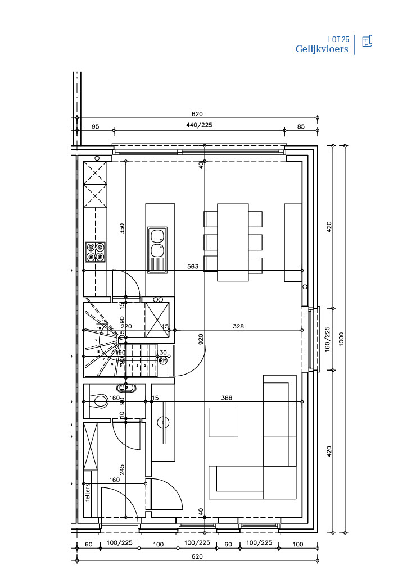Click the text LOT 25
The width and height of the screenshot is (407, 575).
338,40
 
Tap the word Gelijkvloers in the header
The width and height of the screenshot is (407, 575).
322,49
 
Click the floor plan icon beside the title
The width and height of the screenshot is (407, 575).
367,41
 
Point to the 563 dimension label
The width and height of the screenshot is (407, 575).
193,267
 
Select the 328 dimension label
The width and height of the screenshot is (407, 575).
239,326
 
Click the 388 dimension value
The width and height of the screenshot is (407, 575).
227,398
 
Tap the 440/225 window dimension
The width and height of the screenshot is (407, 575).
199,126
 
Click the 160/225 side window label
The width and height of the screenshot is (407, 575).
328,339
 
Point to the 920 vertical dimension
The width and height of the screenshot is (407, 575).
200,339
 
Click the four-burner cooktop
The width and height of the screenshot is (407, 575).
95,252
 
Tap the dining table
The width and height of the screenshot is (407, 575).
233,242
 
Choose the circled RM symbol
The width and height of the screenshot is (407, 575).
163,360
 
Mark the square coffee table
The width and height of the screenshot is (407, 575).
223,422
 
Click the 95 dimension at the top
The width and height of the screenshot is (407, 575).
96,126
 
